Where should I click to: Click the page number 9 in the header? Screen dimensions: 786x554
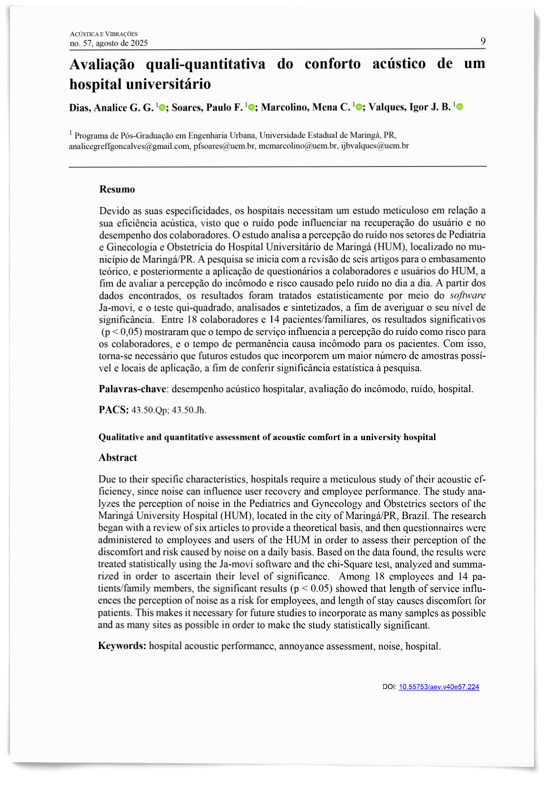pyautogui.click(x=483, y=41)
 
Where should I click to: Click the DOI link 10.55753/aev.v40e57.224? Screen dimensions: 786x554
pyautogui.click(x=438, y=687)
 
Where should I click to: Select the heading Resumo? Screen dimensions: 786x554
pyautogui.click(x=117, y=189)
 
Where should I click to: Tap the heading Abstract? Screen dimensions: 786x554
pyautogui.click(x=118, y=458)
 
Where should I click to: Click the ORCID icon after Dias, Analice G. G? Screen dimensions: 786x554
pyautogui.click(x=162, y=108)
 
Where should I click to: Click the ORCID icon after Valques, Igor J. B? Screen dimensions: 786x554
pyautogui.click(x=459, y=107)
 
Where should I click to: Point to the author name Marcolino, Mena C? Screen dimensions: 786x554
pyautogui.click(x=306, y=108)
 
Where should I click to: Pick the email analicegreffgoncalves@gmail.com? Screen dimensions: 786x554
pyautogui.click(x=129, y=146)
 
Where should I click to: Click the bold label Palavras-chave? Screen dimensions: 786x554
pyautogui.click(x=132, y=389)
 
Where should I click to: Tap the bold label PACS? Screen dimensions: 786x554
pyautogui.click(x=113, y=410)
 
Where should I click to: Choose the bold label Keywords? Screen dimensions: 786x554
pyautogui.click(x=122, y=646)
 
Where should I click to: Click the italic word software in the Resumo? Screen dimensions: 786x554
pyautogui.click(x=467, y=295)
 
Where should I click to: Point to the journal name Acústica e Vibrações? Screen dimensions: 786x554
pyautogui.click(x=103, y=34)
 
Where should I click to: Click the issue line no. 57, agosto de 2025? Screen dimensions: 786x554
pyautogui.click(x=109, y=43)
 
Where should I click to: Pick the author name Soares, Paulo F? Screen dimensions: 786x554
pyautogui.click(x=207, y=108)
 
